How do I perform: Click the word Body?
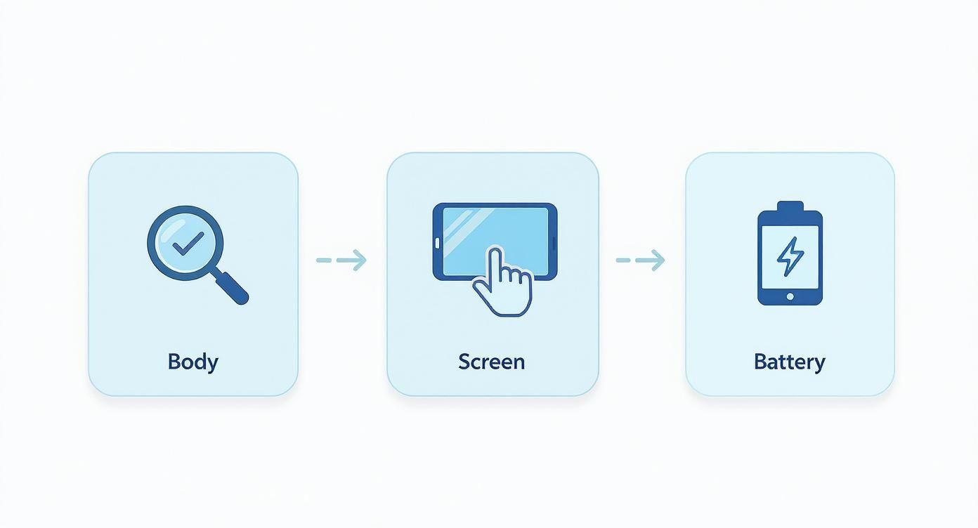[193, 362]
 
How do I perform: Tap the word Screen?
[491, 362]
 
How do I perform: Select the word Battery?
[789, 362]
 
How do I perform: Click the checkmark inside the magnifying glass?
[187, 244]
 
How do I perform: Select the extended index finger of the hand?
[495, 261]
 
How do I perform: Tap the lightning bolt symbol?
[790, 256]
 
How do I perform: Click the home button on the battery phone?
[790, 297]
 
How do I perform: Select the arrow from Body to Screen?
[341, 260]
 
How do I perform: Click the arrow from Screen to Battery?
[640, 260]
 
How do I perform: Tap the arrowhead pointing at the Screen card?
[359, 260]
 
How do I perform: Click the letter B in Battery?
[760, 362]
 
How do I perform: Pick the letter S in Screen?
[464, 362]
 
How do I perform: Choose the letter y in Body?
[212, 364]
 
